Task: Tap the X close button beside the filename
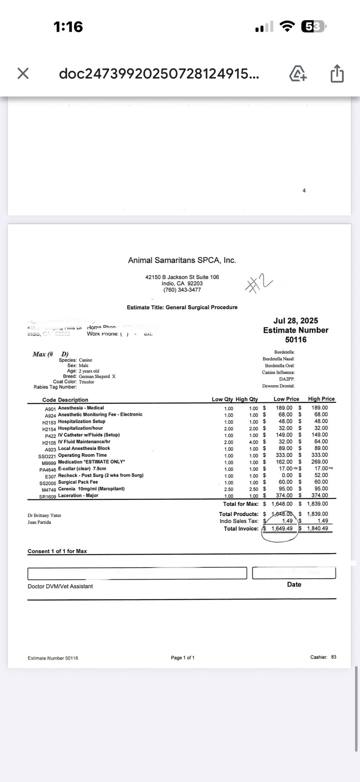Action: pyautogui.click(x=23, y=73)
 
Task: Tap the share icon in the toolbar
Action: pyautogui.click(x=337, y=73)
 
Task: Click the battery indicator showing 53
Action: pyautogui.click(x=313, y=26)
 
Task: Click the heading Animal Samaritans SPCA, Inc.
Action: pyautogui.click(x=182, y=260)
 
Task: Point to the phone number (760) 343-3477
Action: pyautogui.click(x=182, y=290)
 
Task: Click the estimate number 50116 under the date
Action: pyautogui.click(x=295, y=339)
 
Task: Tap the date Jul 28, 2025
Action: pyautogui.click(x=295, y=321)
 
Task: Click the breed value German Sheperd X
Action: pyautogui.click(x=97, y=376)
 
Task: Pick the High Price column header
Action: pyautogui.click(x=321, y=399)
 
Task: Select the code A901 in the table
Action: pyautogui.click(x=50, y=409)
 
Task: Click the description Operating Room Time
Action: pyautogui.click(x=82, y=455)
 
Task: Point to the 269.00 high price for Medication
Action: pyautogui.click(x=320, y=462)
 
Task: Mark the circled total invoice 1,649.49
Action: pyautogui.click(x=282, y=528)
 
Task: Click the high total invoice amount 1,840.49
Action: pyautogui.click(x=317, y=528)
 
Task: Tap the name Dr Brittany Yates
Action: pyautogui.click(x=44, y=515)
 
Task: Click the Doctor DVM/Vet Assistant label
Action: pyautogui.click(x=60, y=586)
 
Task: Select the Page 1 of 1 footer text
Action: pyautogui.click(x=182, y=658)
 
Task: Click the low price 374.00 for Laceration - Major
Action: pyautogui.click(x=284, y=496)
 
